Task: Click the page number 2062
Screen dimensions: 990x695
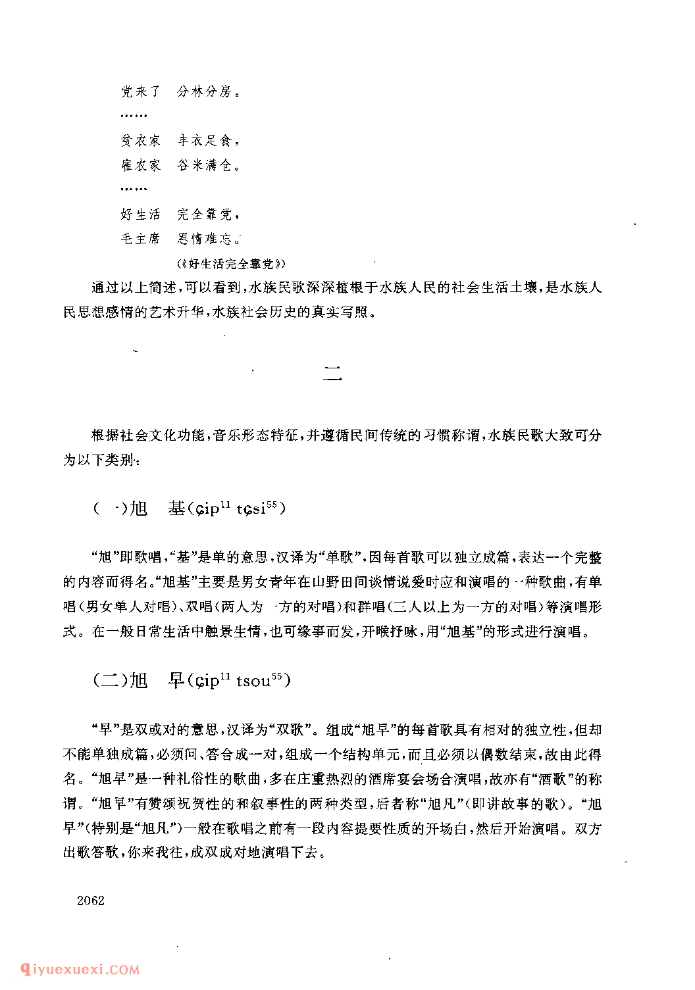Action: coord(90,901)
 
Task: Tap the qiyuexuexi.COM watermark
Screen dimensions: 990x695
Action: coord(80,969)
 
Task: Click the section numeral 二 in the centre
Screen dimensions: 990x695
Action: coord(333,375)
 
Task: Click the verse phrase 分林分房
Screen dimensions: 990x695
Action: coord(205,91)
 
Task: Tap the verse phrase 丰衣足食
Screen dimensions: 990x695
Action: coord(205,140)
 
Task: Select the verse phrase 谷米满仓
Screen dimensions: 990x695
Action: coord(205,165)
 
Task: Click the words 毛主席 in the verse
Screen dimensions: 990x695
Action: coord(140,239)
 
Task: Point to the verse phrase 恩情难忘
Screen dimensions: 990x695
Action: coord(205,239)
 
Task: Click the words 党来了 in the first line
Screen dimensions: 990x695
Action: coord(140,91)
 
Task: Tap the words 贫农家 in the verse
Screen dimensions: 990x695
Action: coord(140,140)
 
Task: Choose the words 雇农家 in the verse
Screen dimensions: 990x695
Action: coord(140,165)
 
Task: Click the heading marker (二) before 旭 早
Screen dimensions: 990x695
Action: coord(109,680)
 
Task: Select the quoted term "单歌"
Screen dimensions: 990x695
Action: coord(342,558)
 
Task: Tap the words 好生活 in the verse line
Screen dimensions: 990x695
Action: coord(140,214)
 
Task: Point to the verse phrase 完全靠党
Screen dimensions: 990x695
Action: coord(205,214)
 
